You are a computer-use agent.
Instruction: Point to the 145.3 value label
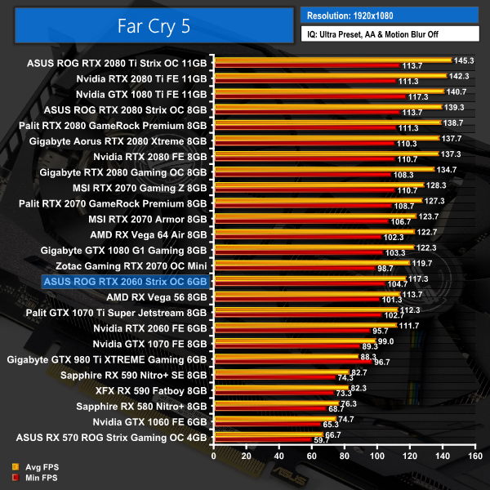[464, 59]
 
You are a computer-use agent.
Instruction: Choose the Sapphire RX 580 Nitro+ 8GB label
[142, 406]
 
